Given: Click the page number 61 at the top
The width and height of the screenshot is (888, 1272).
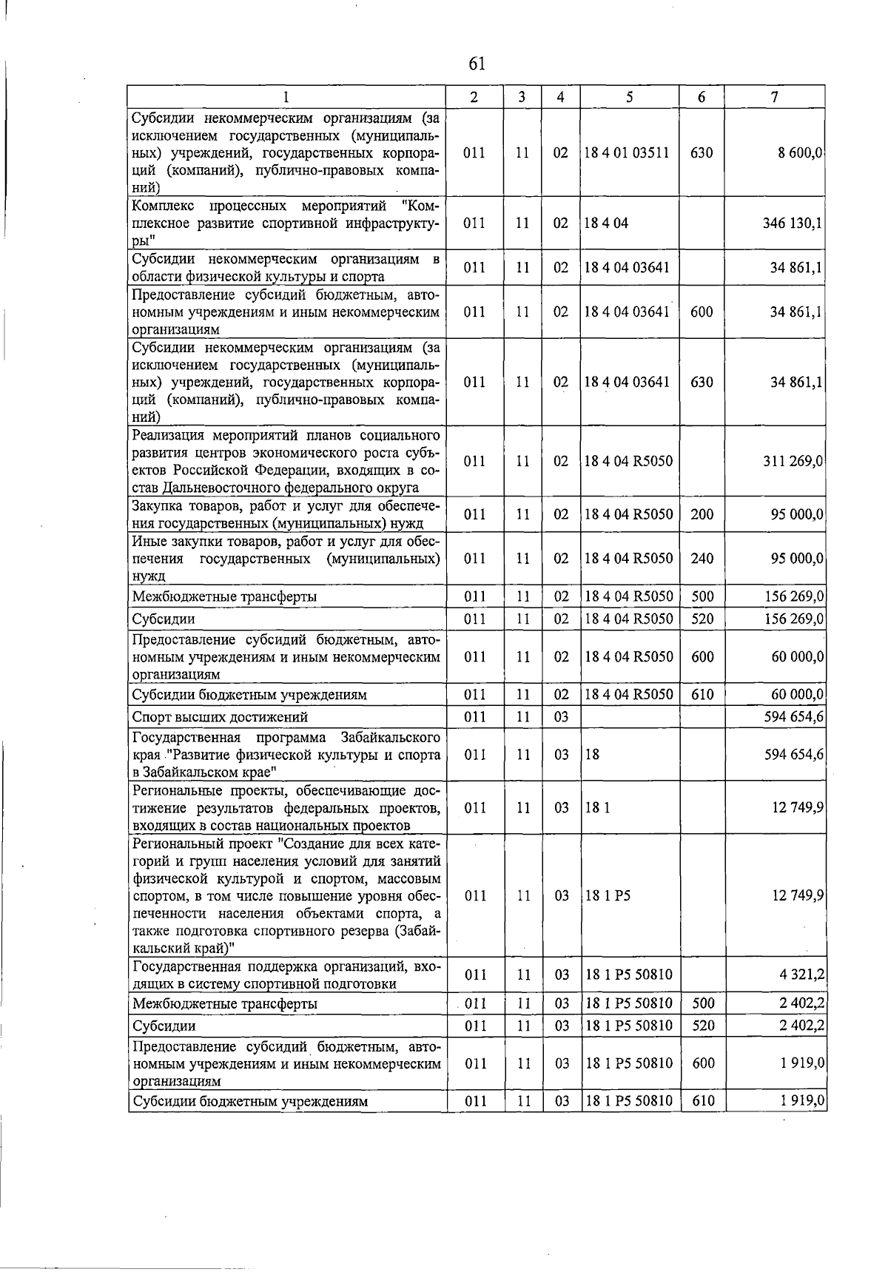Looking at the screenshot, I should (x=477, y=64).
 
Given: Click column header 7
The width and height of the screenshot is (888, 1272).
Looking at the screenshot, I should (x=774, y=97).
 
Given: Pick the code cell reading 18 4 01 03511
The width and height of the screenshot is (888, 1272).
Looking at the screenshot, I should (x=627, y=153).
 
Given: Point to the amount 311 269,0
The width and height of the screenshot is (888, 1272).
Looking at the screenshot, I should (x=793, y=461).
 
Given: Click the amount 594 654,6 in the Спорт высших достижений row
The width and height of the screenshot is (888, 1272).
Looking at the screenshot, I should (x=794, y=716).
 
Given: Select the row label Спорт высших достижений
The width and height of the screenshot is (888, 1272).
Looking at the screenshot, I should (x=220, y=716).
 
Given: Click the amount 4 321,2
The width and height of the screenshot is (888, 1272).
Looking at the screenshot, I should (x=802, y=975).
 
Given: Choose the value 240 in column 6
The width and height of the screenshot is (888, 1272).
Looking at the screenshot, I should (x=702, y=558).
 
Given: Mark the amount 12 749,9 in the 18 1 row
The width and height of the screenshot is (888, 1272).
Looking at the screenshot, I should (x=798, y=807).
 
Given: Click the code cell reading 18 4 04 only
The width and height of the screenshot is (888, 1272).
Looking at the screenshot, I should (x=606, y=223).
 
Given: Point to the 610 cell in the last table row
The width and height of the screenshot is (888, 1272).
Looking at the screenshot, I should (x=703, y=1101).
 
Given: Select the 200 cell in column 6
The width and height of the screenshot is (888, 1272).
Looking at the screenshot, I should (x=702, y=514).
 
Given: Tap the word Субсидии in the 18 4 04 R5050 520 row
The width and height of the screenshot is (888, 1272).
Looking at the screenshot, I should (x=164, y=619).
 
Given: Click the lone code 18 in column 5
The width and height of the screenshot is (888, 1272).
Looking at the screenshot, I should (x=592, y=755).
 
